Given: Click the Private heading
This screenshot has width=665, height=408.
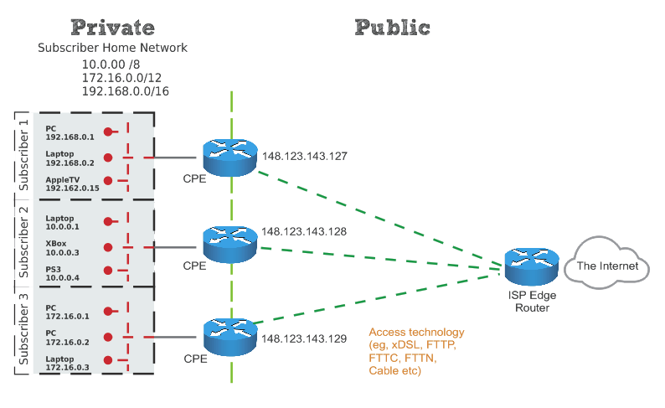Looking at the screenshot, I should [113, 27].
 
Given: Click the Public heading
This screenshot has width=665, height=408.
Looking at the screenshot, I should [392, 27].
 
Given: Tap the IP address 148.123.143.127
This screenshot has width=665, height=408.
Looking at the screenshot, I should [304, 156].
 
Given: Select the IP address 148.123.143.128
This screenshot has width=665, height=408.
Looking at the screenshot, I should [304, 230].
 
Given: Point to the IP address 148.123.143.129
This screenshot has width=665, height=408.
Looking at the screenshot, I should [304, 338].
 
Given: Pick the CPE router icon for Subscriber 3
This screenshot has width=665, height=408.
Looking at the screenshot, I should [228, 337].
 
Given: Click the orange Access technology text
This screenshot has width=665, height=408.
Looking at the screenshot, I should [416, 351].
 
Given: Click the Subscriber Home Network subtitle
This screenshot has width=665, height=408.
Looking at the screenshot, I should [113, 49].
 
